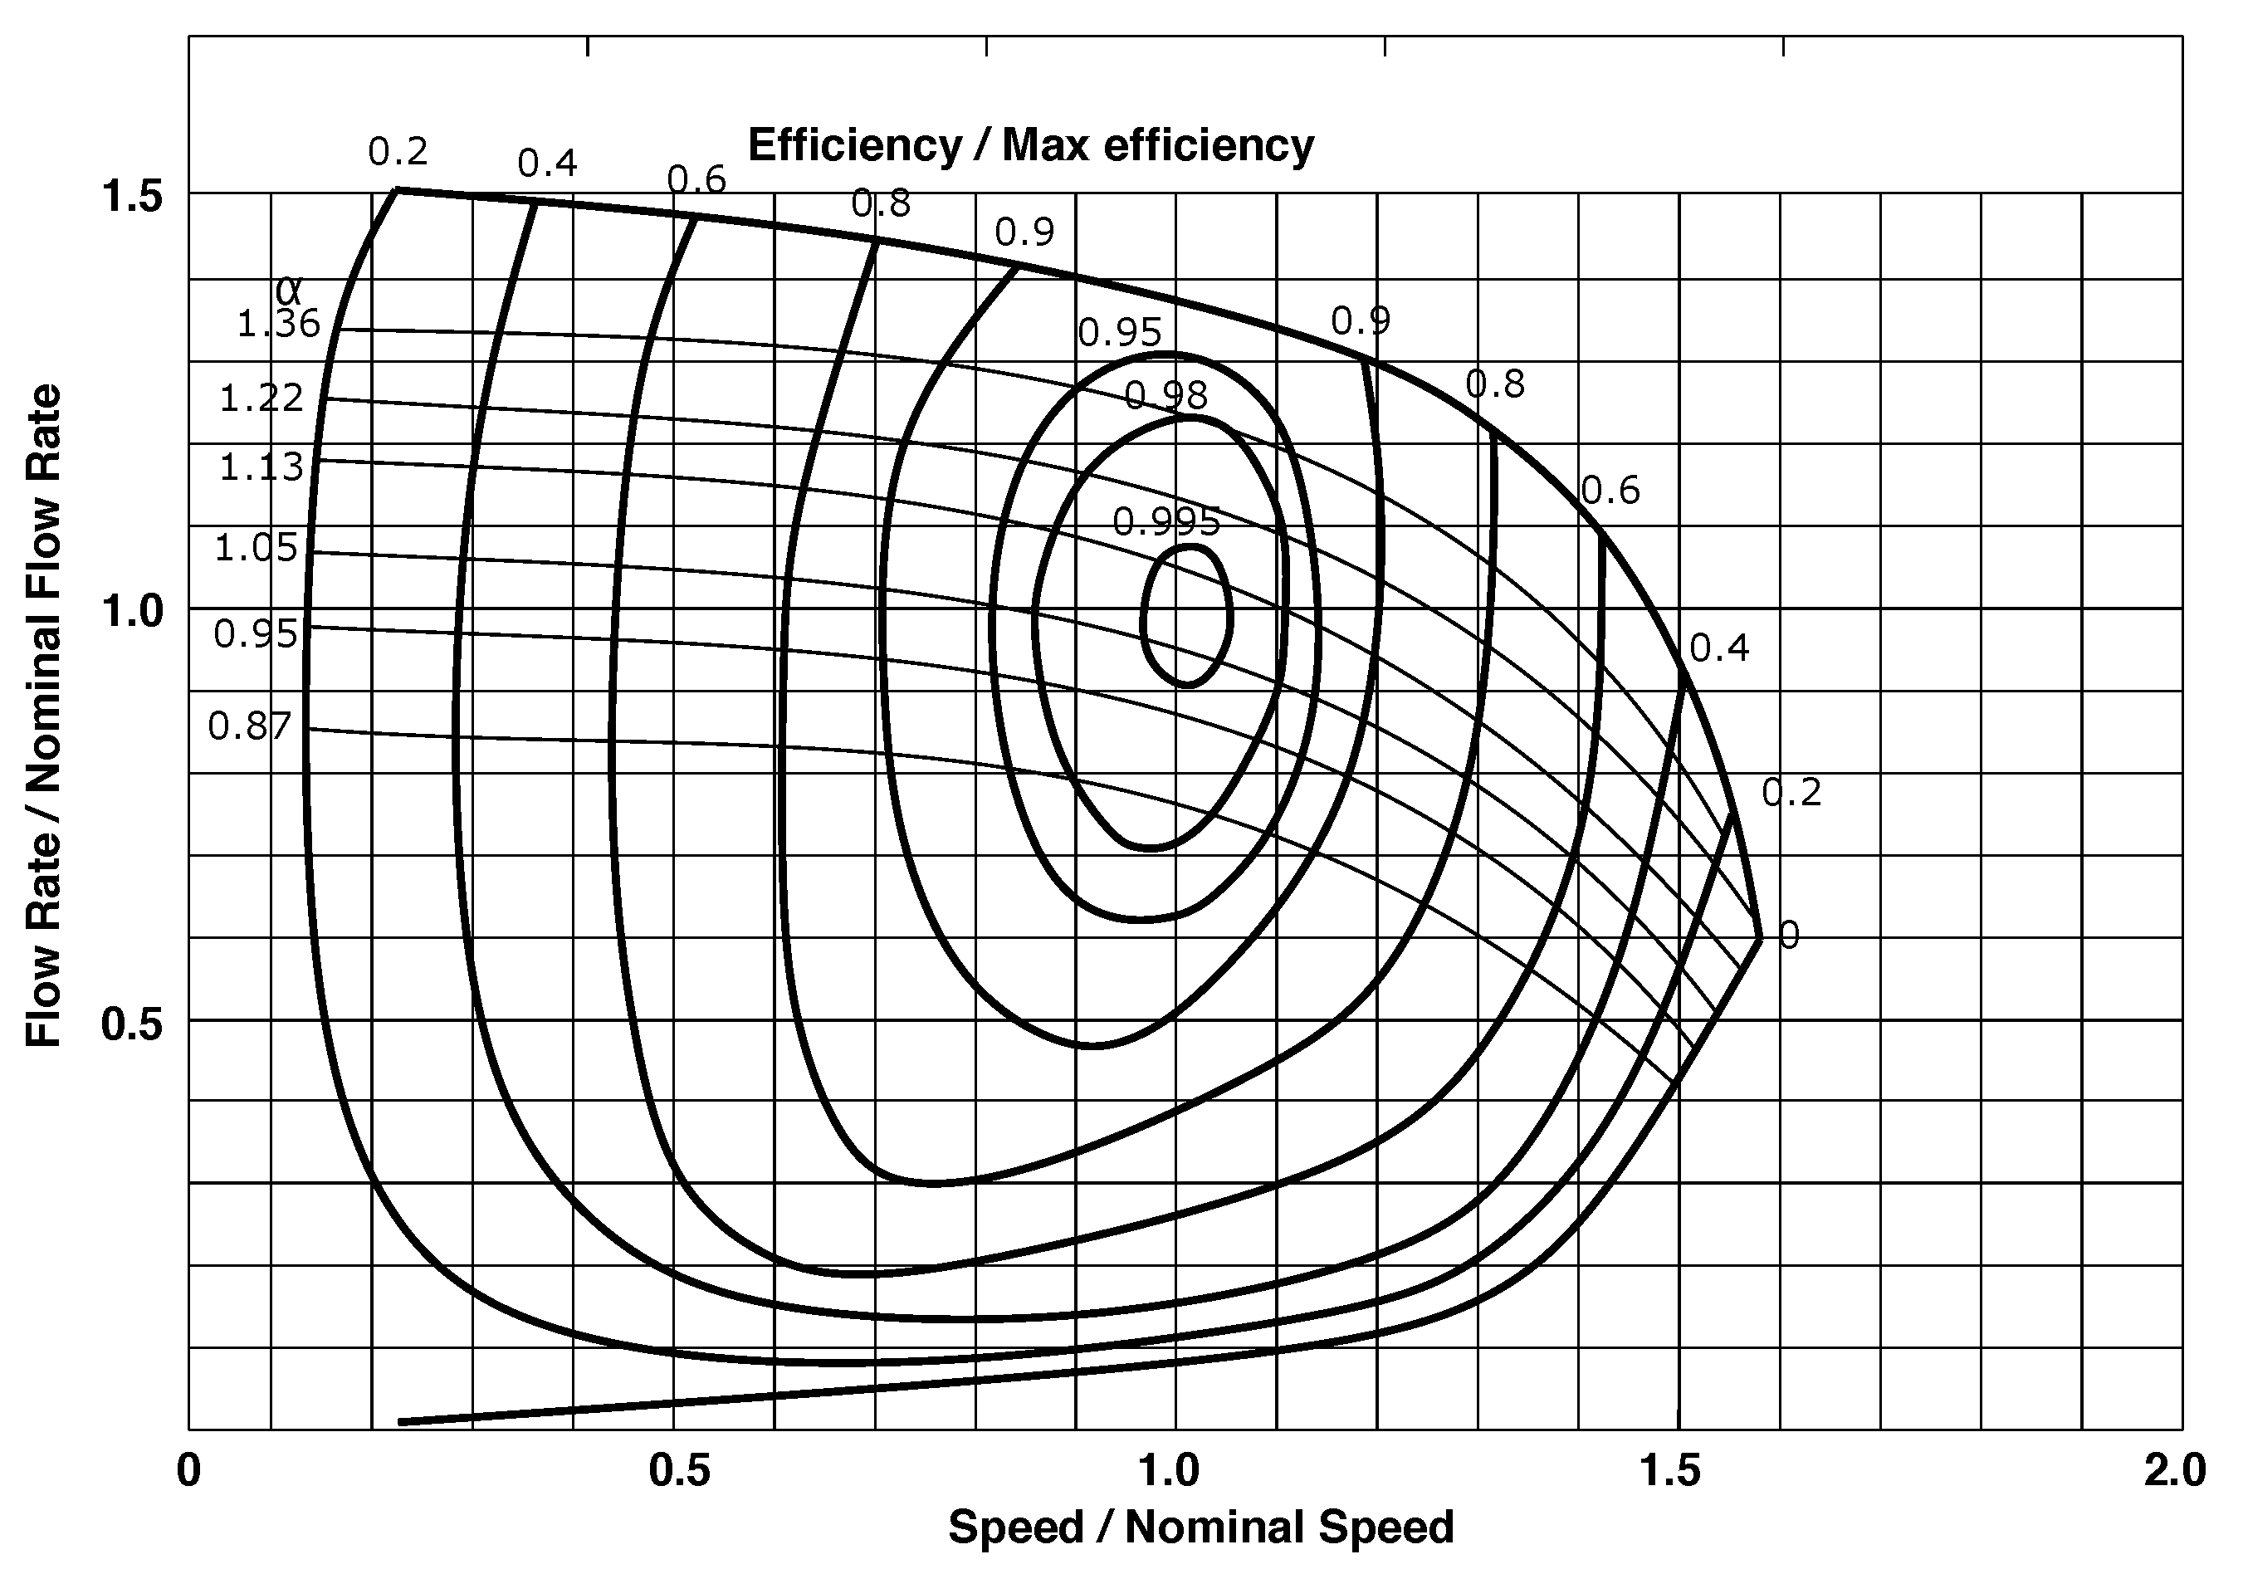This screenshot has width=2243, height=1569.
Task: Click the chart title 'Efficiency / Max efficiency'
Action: tap(1031, 145)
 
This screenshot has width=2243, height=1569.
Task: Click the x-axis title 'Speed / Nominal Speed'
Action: tap(1200, 1527)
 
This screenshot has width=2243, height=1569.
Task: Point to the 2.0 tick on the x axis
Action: tap(2175, 1470)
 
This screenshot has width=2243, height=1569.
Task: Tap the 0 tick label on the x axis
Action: tap(188, 1470)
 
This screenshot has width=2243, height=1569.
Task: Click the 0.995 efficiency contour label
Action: tap(1166, 523)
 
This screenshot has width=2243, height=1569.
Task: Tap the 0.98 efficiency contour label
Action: tap(1165, 396)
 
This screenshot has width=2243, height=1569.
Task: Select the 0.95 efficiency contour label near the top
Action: tap(1120, 333)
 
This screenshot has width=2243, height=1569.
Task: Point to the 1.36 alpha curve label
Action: tap(280, 324)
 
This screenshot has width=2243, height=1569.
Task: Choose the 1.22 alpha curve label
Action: tap(261, 398)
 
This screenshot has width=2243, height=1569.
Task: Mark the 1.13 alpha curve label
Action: tap(261, 467)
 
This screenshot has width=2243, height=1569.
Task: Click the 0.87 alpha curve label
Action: tap(250, 726)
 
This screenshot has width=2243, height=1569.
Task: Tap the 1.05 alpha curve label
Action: tap(256, 548)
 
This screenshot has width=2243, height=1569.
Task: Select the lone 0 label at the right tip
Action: tap(1788, 935)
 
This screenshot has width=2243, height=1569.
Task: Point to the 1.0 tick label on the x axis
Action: tap(1170, 1470)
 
